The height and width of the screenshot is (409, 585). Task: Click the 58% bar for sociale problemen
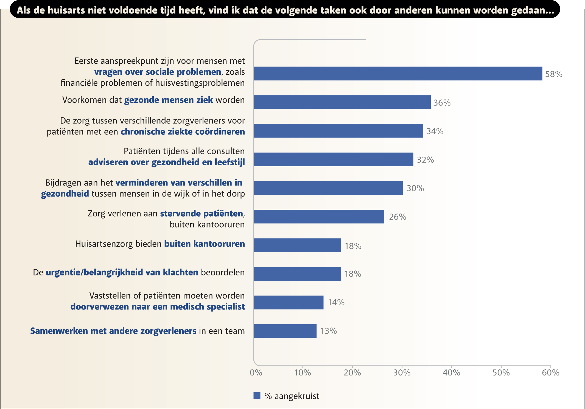tap(398, 73)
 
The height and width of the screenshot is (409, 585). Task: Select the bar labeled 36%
tap(342, 102)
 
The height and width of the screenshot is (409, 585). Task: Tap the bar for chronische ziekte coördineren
tap(338, 131)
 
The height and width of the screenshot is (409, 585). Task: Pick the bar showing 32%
tap(333, 159)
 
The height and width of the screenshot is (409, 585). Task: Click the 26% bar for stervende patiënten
tap(319, 217)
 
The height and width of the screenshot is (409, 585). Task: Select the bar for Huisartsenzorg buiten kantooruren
tap(297, 245)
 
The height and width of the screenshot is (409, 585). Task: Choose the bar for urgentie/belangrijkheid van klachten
tap(297, 274)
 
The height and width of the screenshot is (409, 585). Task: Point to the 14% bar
tap(289, 302)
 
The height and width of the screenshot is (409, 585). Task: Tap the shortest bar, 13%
tap(285, 331)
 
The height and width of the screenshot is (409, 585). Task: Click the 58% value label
tap(553, 74)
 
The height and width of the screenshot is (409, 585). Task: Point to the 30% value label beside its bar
tap(415, 188)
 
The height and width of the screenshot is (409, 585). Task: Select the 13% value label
tap(328, 331)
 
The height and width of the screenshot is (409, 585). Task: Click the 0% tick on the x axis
tap(256, 373)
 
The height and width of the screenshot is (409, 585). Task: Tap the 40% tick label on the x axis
tap(451, 373)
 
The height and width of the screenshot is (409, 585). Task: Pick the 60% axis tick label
tap(550, 373)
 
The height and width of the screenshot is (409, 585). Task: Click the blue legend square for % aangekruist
tap(257, 396)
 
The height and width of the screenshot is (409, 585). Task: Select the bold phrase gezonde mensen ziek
tap(168, 100)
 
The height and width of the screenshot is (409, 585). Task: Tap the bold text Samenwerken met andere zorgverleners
tap(113, 331)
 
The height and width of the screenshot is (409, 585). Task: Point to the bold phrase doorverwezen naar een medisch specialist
tap(158, 306)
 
